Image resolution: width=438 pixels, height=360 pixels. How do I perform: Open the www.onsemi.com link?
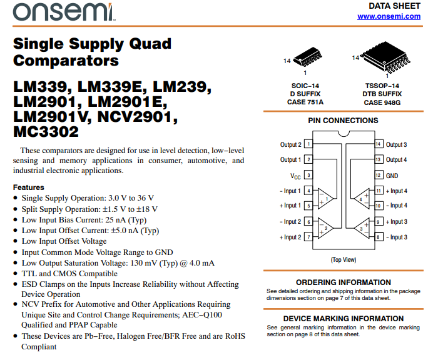(x=389, y=16)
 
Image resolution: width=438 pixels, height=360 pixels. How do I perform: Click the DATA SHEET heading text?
(x=394, y=6)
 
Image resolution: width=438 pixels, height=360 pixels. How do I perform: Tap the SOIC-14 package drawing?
(x=307, y=57)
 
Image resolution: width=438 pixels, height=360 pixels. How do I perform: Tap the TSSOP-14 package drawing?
(x=381, y=56)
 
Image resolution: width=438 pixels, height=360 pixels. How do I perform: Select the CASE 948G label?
(x=382, y=102)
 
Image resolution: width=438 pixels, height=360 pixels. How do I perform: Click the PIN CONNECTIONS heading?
(x=343, y=121)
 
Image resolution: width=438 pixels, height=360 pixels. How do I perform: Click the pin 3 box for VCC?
(x=308, y=176)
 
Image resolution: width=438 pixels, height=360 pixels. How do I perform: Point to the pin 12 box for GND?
(x=378, y=176)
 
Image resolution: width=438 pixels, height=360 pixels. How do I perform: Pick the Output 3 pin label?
(x=397, y=145)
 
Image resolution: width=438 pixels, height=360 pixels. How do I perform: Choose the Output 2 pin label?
(x=290, y=145)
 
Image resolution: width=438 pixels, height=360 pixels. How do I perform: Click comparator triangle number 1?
(x=325, y=198)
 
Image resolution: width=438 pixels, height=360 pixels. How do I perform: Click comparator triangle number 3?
(x=362, y=229)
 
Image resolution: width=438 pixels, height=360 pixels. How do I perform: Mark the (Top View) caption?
(x=344, y=259)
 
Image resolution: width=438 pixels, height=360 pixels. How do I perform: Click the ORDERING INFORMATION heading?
(x=343, y=282)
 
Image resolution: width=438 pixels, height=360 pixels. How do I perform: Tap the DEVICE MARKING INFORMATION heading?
(x=343, y=319)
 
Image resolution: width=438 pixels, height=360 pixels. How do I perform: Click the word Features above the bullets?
(x=29, y=187)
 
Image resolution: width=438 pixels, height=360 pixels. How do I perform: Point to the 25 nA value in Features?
(x=116, y=220)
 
